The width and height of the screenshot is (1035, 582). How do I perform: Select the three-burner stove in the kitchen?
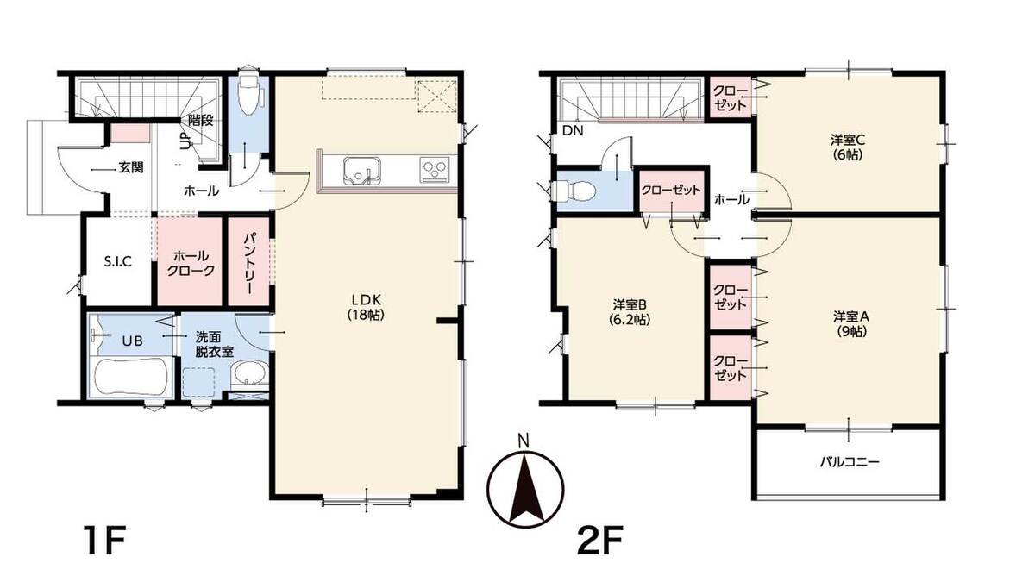435,169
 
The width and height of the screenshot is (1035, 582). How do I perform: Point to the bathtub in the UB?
130,377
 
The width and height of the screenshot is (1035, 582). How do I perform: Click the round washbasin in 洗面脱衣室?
249,372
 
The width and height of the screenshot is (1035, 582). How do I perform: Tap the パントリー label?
249,263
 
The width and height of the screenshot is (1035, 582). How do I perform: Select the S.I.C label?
118,262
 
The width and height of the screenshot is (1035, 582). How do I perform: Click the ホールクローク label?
191,263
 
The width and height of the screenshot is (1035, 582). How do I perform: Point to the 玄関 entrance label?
131,167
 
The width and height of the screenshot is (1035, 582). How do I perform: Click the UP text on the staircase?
185,141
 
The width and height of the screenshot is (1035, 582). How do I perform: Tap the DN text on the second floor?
573,131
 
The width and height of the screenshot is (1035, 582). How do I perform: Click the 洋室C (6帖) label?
848,147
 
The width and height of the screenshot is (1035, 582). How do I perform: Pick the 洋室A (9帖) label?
851,324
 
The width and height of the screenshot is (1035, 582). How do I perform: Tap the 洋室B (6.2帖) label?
631,312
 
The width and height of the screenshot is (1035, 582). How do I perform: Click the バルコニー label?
850,461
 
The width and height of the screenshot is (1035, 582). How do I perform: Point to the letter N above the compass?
523,441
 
